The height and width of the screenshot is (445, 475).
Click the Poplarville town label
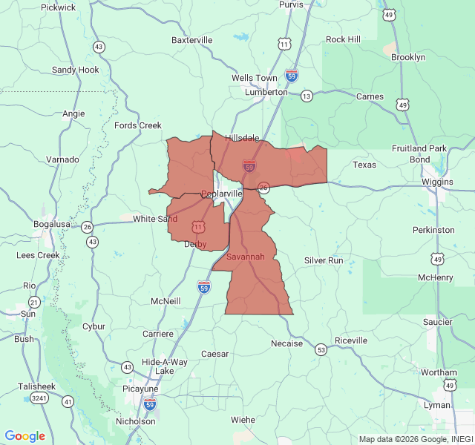[x=222, y=194]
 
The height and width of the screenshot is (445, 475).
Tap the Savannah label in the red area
[x=245, y=257]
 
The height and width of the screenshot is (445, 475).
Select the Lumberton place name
[x=266, y=92]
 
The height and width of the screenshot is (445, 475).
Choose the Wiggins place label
[x=436, y=182]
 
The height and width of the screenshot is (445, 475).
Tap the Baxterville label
[x=191, y=39]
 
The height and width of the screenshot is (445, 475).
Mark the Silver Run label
[x=324, y=260]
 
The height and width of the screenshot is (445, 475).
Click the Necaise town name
[x=286, y=343]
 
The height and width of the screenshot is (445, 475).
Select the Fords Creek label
[x=138, y=125]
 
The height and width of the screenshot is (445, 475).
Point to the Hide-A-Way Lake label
[x=165, y=366]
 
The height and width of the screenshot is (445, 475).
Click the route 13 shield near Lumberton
[x=307, y=96]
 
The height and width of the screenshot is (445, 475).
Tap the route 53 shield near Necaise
[x=321, y=349]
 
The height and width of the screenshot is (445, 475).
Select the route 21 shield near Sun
[x=34, y=302]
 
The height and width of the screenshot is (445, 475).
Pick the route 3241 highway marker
[x=39, y=398]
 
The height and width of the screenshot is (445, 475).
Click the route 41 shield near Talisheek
[x=68, y=401]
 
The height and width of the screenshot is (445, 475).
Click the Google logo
[x=24, y=436]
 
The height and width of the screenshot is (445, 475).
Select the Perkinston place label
[x=433, y=230]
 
